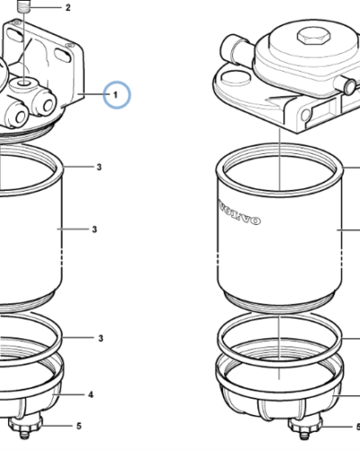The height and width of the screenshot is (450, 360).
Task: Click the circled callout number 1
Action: (x=117, y=94)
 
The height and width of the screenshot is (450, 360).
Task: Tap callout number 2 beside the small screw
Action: (x=67, y=8)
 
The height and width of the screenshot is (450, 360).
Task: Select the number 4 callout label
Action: (x=89, y=394)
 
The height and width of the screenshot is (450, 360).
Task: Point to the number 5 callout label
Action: (x=78, y=426)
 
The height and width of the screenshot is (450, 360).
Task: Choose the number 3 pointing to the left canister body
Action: (x=94, y=229)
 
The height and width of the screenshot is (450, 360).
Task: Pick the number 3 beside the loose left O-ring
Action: (x=101, y=337)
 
